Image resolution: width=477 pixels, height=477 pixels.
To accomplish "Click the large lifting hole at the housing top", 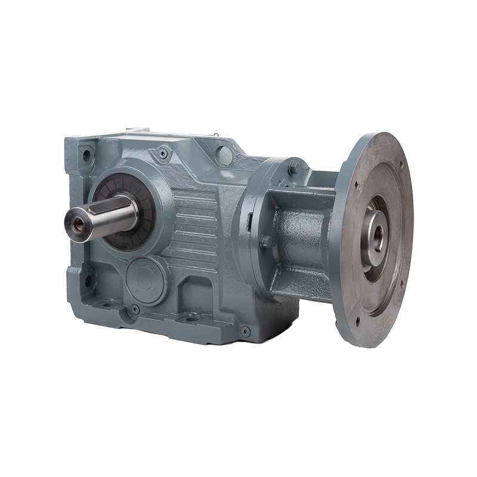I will click(x=224, y=156).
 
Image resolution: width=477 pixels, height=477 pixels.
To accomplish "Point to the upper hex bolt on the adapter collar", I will click(x=293, y=169).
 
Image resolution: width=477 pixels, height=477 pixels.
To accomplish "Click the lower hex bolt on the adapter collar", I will click(x=266, y=242).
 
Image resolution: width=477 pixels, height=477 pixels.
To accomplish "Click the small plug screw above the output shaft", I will click(x=162, y=153).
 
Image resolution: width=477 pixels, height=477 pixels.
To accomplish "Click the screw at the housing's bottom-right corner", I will click(x=246, y=331).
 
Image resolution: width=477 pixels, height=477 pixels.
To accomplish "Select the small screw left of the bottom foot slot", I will click(x=136, y=309).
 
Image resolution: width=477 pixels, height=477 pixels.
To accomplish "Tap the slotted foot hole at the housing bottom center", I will click(x=192, y=317).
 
